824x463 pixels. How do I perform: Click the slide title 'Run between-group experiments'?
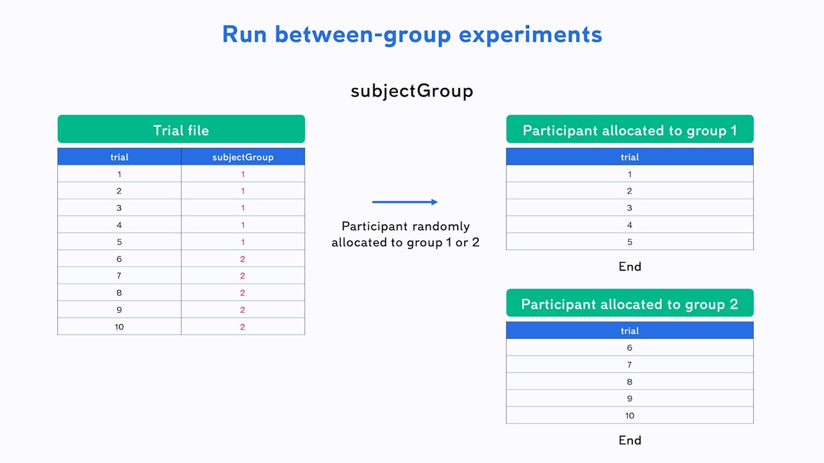click(x=412, y=35)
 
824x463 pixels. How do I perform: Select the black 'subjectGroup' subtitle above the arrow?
click(x=412, y=91)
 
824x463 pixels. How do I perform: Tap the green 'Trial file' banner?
click(x=182, y=129)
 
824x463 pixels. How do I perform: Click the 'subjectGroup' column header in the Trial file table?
click(x=243, y=157)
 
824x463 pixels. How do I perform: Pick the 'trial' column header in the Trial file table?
click(x=119, y=157)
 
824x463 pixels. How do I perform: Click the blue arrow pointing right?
click(x=405, y=202)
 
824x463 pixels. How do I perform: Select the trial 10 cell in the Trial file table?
click(x=119, y=327)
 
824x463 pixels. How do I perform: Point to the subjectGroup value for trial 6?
click(x=243, y=259)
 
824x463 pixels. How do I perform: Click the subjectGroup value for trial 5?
click(x=243, y=242)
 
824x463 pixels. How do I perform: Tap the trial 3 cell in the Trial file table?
click(x=119, y=208)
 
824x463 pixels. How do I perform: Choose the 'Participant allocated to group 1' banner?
click(x=630, y=129)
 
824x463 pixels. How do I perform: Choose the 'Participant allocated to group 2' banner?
click(x=630, y=303)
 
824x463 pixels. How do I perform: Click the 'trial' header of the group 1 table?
click(x=630, y=157)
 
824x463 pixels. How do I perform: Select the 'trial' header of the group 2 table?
click(x=630, y=331)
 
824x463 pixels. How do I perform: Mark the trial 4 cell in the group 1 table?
click(x=630, y=225)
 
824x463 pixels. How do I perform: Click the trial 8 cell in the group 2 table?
click(x=630, y=381)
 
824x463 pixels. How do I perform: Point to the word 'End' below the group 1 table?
click(x=630, y=266)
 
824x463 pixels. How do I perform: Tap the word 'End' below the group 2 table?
click(x=630, y=440)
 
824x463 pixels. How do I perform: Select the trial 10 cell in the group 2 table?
click(x=630, y=415)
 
